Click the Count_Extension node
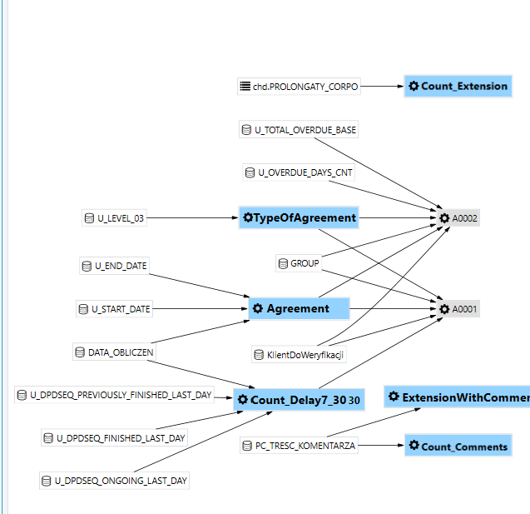458,87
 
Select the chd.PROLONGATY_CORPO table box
299,87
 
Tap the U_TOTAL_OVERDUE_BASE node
299,130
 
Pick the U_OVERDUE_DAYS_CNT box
299,172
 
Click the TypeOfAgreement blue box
299,217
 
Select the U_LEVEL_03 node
114,218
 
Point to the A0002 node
458,218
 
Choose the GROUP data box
299,263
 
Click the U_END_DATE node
114,266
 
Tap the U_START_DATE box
114,308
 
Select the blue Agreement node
300,308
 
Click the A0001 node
458,308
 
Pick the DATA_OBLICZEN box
114,352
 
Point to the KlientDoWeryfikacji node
299,354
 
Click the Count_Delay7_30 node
299,400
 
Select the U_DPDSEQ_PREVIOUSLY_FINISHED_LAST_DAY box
114,395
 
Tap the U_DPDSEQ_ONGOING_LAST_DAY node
114,481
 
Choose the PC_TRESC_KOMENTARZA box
299,446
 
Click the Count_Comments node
458,446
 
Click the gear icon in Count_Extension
414,86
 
